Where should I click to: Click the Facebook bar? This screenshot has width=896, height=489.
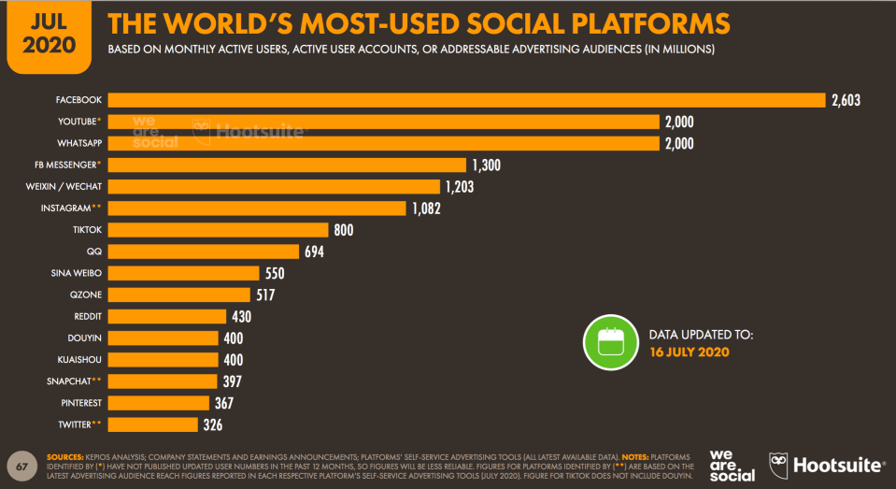(x=467, y=100)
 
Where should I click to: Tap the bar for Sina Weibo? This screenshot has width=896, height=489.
(x=183, y=273)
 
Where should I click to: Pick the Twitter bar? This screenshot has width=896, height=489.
(x=154, y=424)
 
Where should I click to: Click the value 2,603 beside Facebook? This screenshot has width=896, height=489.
(x=845, y=100)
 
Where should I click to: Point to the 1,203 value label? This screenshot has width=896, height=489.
(x=459, y=187)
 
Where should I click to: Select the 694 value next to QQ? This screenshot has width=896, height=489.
(x=314, y=252)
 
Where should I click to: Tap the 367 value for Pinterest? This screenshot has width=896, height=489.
(x=222, y=403)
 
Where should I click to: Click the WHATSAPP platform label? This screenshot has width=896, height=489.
(x=78, y=143)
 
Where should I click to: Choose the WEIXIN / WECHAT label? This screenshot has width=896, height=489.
(x=65, y=186)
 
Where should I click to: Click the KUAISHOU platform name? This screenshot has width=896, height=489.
(x=79, y=360)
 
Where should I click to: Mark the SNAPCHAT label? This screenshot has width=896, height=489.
(x=75, y=381)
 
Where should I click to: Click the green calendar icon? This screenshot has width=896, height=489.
(x=610, y=342)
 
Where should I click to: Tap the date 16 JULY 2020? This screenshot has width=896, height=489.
(x=690, y=352)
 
